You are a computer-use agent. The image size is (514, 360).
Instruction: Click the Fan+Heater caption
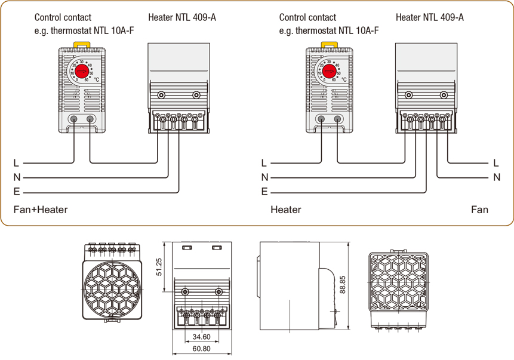[41, 210]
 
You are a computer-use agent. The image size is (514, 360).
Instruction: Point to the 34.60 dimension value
[202, 337]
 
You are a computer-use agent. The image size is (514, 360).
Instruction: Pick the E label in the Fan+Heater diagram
[17, 192]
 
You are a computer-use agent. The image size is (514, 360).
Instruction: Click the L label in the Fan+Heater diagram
[16, 162]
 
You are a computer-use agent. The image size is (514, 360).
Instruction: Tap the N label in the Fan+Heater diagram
[17, 177]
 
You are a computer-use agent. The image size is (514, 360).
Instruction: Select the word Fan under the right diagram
[479, 210]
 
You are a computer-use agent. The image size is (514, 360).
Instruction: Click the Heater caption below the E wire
[285, 210]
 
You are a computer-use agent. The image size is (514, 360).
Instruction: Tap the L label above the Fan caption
[496, 162]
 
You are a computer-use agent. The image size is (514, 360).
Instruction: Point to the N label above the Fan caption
[497, 177]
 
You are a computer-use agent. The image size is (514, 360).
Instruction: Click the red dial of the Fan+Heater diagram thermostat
[81, 72]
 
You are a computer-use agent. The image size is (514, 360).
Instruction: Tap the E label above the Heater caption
[264, 192]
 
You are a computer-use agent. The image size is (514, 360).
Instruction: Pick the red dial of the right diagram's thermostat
[329, 72]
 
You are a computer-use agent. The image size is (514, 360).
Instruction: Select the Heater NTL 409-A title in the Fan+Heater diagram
[182, 17]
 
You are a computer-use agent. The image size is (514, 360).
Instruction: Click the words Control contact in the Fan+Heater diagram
[63, 17]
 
